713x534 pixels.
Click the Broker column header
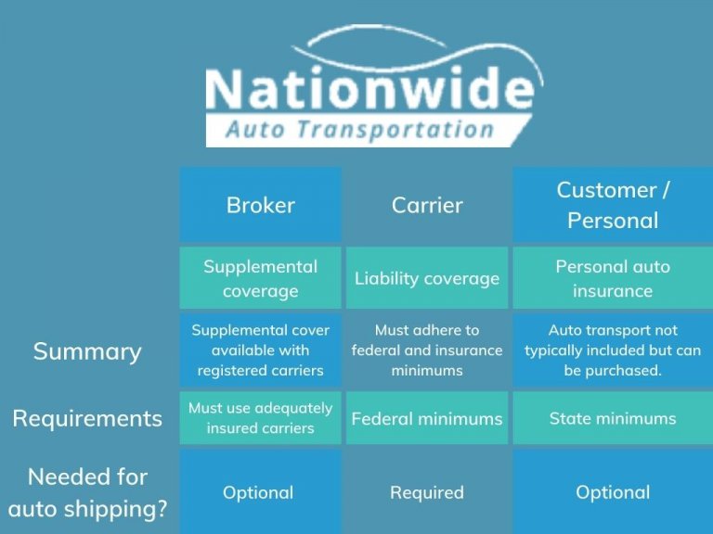pos(260,205)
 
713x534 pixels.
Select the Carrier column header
pos(427,205)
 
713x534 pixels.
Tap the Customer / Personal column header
pos(613,205)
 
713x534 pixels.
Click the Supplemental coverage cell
pos(260,278)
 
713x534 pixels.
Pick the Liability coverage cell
pos(427,278)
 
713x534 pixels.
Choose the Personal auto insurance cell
pos(613,278)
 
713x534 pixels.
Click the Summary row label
pos(87,351)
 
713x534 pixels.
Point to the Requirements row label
pos(87,418)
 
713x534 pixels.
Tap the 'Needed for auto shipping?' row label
pos(87,492)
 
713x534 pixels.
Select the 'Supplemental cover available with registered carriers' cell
pos(260,350)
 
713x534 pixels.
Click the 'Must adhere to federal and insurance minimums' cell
pos(427,350)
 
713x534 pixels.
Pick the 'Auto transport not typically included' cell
pos(613,350)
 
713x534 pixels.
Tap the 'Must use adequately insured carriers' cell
pos(260,418)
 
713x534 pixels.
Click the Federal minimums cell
pos(427,419)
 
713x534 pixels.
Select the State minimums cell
pos(613,419)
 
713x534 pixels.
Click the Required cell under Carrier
pos(427,492)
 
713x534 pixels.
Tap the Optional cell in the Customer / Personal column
pos(613,492)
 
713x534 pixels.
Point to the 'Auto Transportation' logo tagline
pos(359,129)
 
